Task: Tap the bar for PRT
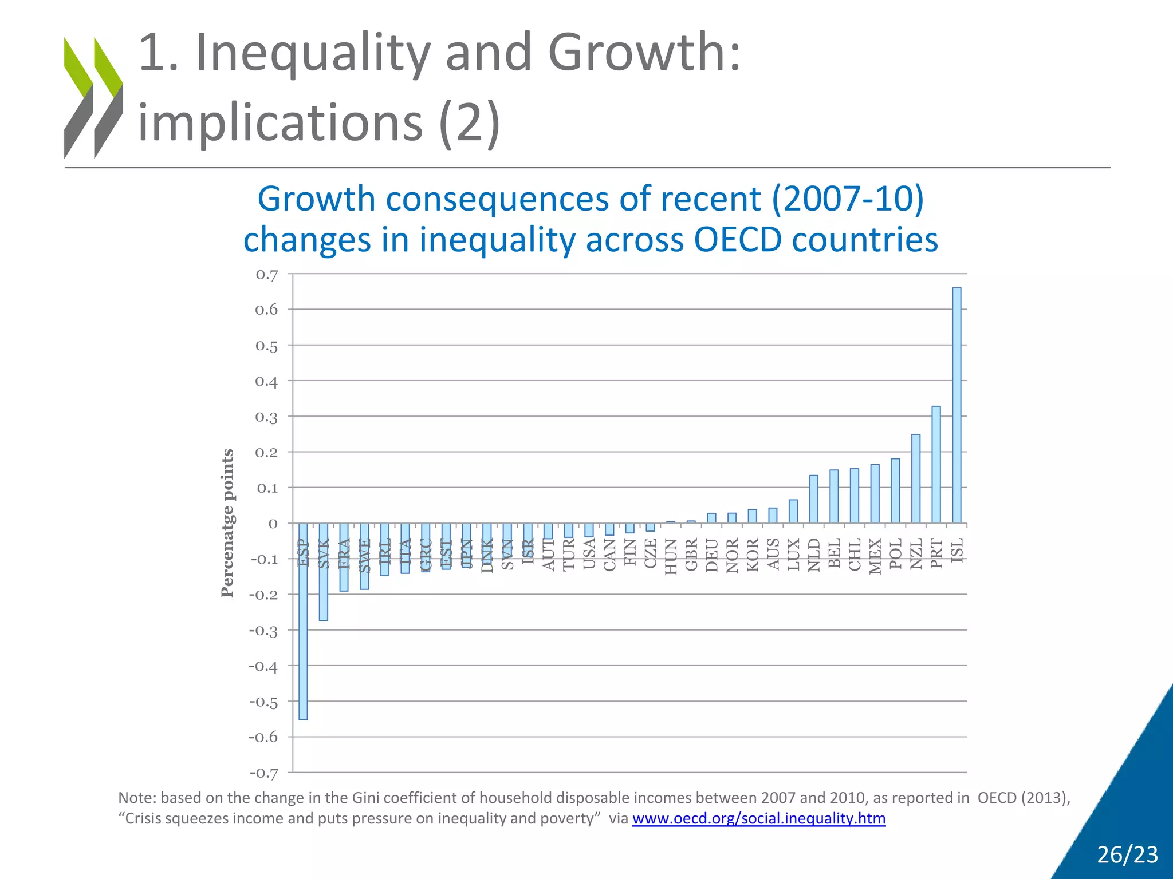(x=936, y=464)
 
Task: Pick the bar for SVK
(x=324, y=572)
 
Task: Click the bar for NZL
(x=916, y=478)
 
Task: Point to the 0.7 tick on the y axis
(x=266, y=275)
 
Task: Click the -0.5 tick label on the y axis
(x=263, y=702)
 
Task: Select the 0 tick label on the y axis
(x=273, y=524)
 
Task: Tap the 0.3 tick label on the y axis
(x=266, y=417)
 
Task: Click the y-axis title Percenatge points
(x=227, y=523)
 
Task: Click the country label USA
(x=589, y=554)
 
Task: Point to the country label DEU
(x=712, y=555)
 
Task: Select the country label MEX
(x=875, y=556)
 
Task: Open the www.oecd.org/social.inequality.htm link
(x=758, y=818)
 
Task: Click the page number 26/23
(x=1127, y=854)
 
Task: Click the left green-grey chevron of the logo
(x=78, y=97)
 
